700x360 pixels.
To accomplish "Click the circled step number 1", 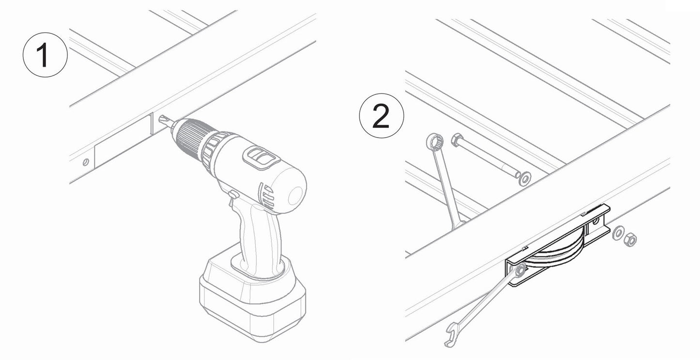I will (x=45, y=54).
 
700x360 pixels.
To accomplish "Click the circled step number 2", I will (x=381, y=116).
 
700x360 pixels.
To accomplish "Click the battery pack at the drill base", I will (x=252, y=296).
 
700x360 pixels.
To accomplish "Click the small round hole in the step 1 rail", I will (x=86, y=162).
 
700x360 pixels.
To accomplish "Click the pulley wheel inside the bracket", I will (x=557, y=252).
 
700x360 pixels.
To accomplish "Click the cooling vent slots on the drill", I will (x=265, y=194).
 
